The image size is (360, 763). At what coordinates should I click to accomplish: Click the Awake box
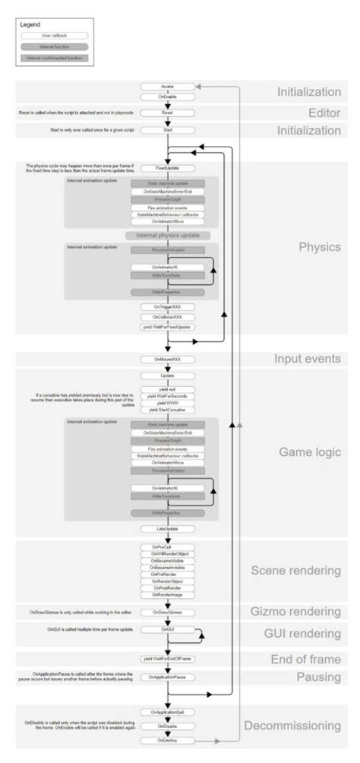click(167, 87)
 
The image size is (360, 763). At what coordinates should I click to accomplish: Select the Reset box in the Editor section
click(167, 113)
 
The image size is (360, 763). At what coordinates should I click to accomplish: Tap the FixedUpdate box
click(167, 167)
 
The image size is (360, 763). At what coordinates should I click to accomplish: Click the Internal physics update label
click(167, 236)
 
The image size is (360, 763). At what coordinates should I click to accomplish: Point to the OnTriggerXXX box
click(167, 306)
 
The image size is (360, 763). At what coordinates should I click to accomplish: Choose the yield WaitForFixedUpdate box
click(167, 327)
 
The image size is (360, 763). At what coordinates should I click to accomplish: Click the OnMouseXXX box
click(167, 359)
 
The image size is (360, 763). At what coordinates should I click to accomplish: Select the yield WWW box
click(167, 402)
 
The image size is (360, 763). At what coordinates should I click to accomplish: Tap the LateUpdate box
click(167, 528)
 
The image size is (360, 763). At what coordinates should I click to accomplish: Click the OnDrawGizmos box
click(167, 611)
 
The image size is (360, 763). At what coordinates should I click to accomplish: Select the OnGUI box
click(167, 630)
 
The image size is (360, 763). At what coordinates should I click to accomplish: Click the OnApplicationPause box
click(167, 677)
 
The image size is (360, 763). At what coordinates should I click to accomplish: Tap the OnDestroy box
click(167, 739)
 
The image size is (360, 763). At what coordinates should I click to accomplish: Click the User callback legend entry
click(54, 35)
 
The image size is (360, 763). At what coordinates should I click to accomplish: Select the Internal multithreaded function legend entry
click(54, 57)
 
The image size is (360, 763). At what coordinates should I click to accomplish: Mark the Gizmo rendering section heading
click(296, 611)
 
